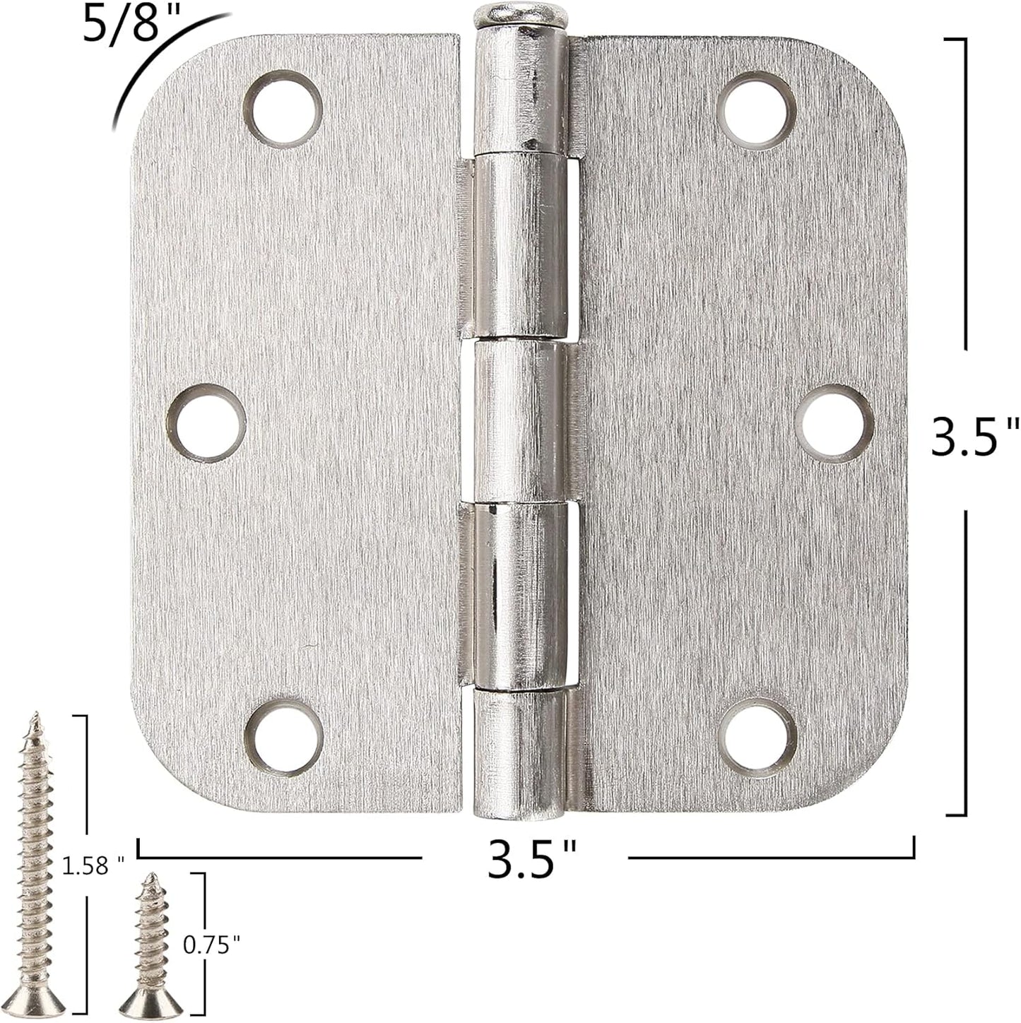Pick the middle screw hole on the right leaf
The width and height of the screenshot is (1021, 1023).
click(x=834, y=423)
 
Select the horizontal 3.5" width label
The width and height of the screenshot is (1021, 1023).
click(x=524, y=858)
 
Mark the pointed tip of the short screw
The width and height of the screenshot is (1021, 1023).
click(x=149, y=877)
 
